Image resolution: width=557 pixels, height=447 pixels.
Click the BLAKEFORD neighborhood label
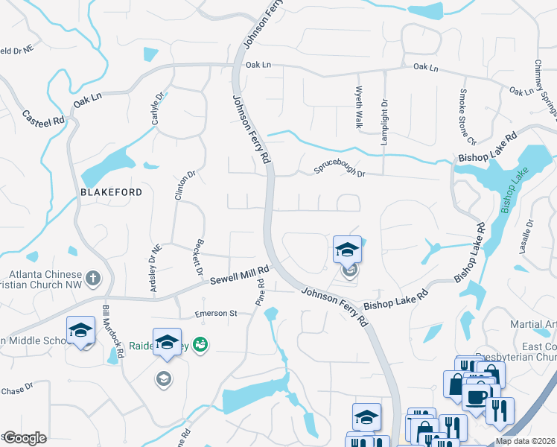tap(112, 191)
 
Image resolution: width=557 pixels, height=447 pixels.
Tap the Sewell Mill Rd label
tap(238, 276)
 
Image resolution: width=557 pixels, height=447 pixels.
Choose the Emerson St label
tap(215, 314)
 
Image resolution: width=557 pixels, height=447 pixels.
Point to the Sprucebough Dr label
tap(340, 169)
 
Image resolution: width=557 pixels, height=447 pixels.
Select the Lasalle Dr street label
tap(529, 238)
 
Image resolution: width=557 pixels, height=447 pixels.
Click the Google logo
tap(25, 438)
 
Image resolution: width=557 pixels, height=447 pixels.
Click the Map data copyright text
tap(526, 441)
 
